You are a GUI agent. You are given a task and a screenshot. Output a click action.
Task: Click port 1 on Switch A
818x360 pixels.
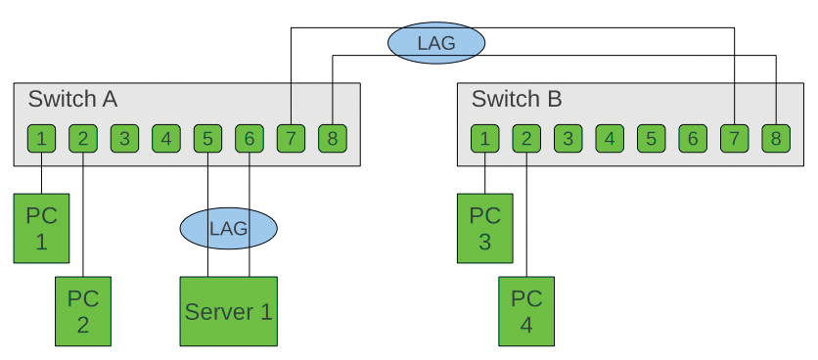[41, 139]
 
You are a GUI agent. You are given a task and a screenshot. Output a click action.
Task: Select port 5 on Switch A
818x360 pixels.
[207, 139]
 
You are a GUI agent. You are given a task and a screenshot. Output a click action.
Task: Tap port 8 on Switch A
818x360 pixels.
[333, 139]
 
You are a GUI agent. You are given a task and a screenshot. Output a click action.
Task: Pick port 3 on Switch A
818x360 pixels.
[124, 139]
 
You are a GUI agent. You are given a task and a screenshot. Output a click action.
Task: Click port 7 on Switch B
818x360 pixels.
[734, 139]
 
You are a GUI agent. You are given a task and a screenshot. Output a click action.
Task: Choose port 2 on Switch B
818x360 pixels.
[526, 139]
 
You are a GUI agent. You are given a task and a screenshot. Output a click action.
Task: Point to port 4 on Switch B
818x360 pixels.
[609, 139]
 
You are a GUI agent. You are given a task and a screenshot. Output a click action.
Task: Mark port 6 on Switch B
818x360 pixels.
[692, 139]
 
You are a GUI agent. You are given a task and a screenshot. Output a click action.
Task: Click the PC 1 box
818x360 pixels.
[41, 228]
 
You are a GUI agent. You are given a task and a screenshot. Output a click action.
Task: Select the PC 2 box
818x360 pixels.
[83, 311]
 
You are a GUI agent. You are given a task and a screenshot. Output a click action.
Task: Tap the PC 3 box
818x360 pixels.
[485, 228]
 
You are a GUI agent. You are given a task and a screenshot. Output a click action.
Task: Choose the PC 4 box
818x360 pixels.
[526, 311]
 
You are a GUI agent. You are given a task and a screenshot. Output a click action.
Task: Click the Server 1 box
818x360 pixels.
[228, 311]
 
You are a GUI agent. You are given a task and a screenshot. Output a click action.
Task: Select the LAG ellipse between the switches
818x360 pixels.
[435, 43]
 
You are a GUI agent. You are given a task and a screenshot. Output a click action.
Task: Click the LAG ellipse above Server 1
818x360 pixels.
[228, 229]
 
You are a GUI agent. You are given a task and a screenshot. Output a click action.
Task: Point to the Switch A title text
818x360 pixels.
[73, 100]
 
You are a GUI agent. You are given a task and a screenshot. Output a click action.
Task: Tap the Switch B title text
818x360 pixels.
[517, 100]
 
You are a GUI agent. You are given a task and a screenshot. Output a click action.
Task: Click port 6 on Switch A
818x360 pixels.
[250, 139]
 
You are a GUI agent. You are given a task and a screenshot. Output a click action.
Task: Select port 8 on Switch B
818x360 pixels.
[775, 139]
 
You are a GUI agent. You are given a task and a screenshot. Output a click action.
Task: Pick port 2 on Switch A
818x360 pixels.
[83, 139]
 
